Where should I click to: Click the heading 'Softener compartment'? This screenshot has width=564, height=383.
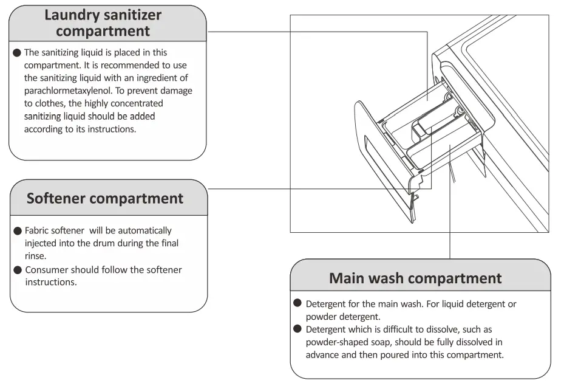pyautogui.click(x=105, y=198)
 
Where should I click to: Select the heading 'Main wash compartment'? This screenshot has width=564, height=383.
pyautogui.click(x=415, y=278)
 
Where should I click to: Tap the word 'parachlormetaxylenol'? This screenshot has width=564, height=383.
pyautogui.click(x=67, y=91)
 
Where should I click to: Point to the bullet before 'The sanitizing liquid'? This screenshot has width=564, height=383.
pyautogui.click(x=17, y=53)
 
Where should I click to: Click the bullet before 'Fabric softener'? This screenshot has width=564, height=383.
pyautogui.click(x=18, y=231)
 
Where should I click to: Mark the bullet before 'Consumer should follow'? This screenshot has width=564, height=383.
pyautogui.click(x=18, y=270)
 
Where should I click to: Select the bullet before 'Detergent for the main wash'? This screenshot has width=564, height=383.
pyautogui.click(x=297, y=303)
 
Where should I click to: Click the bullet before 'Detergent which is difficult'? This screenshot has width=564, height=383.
pyautogui.click(x=297, y=329)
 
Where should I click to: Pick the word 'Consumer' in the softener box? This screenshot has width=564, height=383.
pyautogui.click(x=46, y=270)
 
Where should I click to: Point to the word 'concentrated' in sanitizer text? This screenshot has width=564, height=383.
pyautogui.click(x=121, y=103)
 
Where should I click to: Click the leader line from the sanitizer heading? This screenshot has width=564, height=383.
pyautogui.click(x=316, y=32)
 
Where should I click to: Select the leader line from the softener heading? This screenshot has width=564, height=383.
pyautogui.click(x=316, y=188)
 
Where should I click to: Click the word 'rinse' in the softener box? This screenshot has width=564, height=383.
pyautogui.click(x=36, y=256)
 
